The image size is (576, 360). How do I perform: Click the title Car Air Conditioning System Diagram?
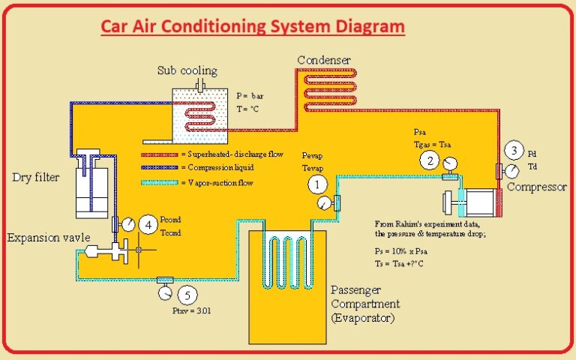click(x=253, y=28)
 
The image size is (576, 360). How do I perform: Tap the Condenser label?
click(x=324, y=60)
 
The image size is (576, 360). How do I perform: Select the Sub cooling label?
click(x=187, y=71)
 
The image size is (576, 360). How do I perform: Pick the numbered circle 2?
click(x=429, y=159)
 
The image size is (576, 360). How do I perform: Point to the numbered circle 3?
click(x=514, y=150)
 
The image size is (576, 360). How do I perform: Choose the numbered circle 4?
click(x=149, y=223)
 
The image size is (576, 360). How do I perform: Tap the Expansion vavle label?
click(x=49, y=238)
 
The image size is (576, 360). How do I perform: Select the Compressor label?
click(x=536, y=187)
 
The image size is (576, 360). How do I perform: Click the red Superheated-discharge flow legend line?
click(x=160, y=154)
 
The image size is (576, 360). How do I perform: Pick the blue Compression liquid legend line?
click(x=160, y=168)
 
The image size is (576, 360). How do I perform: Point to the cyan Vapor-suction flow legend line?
click(x=160, y=181)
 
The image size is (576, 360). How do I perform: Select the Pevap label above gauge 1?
click(x=313, y=154)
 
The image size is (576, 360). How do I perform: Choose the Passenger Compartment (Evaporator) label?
click(x=365, y=304)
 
